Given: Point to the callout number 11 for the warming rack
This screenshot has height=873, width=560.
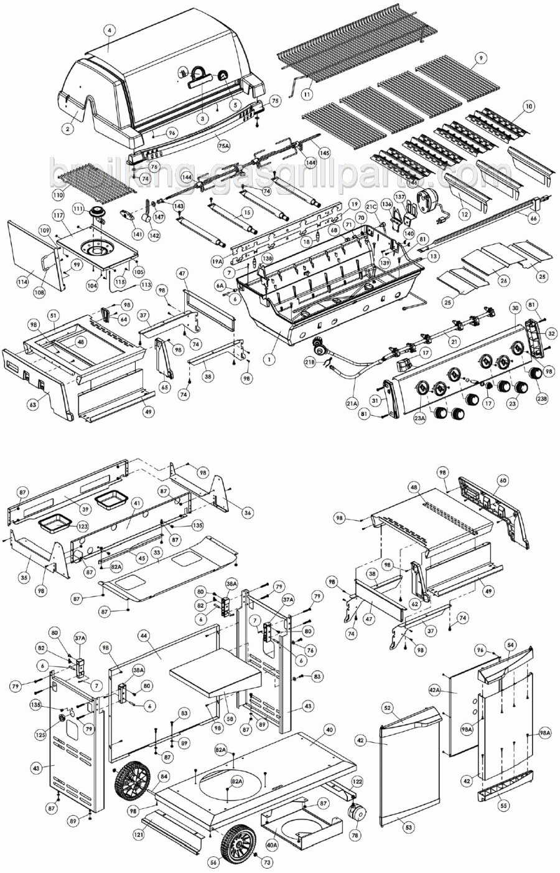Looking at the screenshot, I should [307, 95].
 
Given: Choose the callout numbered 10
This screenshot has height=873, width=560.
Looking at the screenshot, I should [528, 106].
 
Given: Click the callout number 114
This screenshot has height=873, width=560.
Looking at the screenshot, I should [23, 281].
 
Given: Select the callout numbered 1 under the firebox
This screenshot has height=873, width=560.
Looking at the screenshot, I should [269, 359].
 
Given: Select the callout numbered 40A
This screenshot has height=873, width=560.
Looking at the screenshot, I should [272, 845].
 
